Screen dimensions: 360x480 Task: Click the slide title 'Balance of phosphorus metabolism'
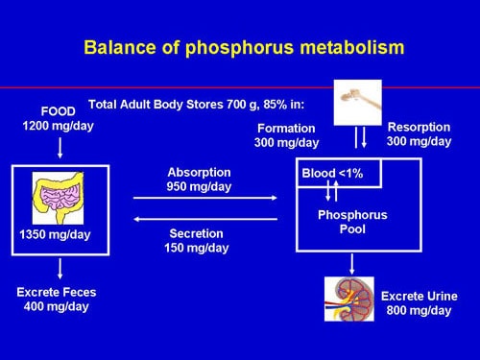(x=244, y=46)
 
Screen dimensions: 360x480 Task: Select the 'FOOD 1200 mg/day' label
(x=60, y=117)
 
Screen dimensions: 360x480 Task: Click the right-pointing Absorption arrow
(x=204, y=199)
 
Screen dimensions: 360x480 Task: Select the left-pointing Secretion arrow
(x=204, y=219)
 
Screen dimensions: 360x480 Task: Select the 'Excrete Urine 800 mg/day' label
(x=419, y=302)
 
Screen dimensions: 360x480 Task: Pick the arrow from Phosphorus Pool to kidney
(x=354, y=263)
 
